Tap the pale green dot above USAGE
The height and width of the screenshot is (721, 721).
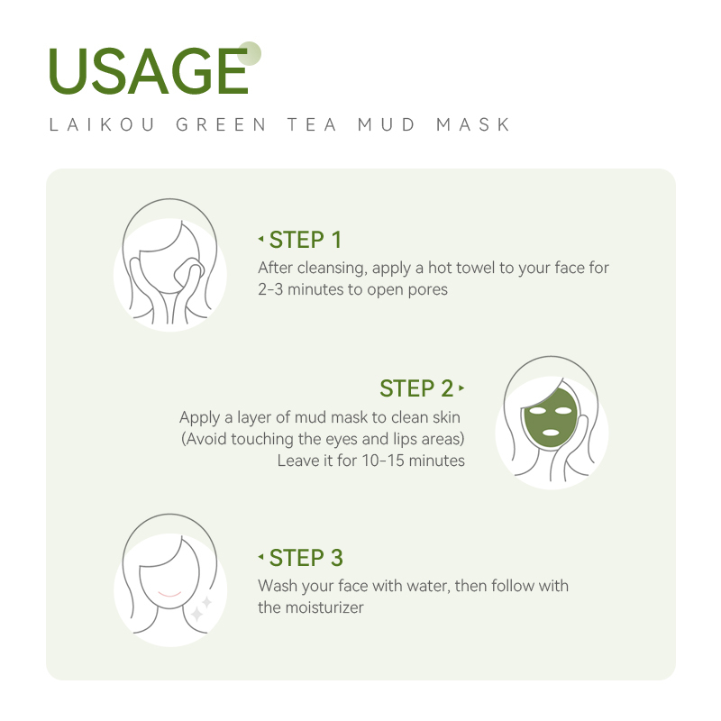point(251,52)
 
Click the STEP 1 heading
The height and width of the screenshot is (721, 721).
point(306,240)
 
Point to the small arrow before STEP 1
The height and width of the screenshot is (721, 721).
point(260,240)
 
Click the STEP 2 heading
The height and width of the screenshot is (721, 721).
point(416,388)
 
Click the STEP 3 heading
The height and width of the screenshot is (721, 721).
point(306,557)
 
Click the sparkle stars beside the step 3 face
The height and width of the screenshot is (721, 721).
point(201,607)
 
